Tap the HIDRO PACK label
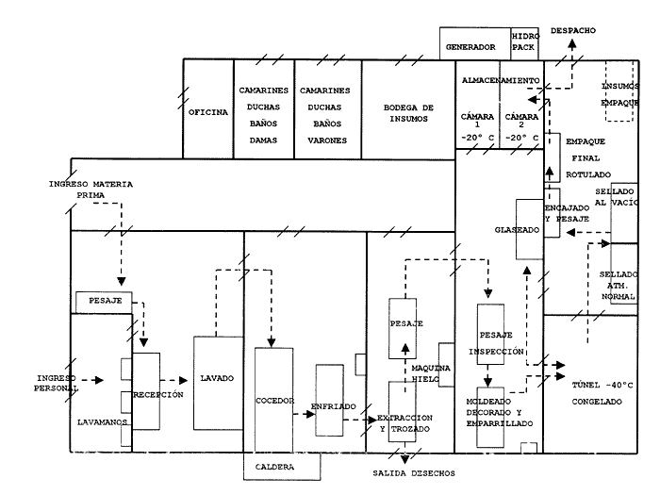525,41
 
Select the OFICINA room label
208,112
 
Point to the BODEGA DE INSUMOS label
408,113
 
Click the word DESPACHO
573,30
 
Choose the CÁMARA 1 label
477,120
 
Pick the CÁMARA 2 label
521,120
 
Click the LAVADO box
219,383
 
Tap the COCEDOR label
275,401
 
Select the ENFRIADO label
334,406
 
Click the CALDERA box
282,467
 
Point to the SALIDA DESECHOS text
414,473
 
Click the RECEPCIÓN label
158,395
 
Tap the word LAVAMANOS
102,422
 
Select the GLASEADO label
517,230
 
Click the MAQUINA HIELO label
431,373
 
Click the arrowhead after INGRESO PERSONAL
99,380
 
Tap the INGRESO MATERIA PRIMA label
91,190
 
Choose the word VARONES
327,140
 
